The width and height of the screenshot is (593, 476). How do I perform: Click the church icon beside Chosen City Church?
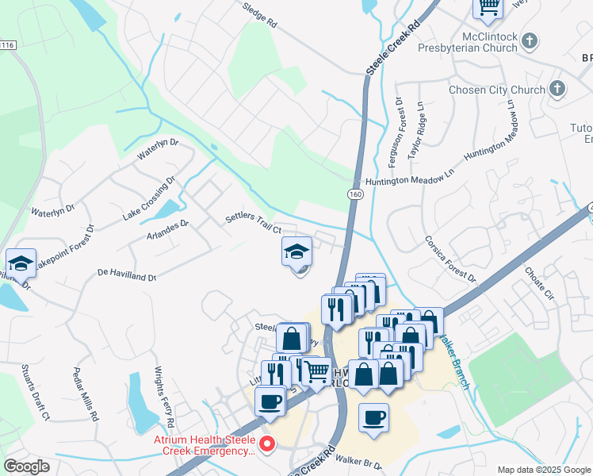(x=558, y=89)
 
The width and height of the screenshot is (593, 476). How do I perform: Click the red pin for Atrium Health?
(x=267, y=445)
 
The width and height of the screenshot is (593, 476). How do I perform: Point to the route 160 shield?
(x=354, y=194)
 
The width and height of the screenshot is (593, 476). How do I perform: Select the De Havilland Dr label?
(x=127, y=274)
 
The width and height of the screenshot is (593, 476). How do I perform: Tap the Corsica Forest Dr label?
(x=450, y=258)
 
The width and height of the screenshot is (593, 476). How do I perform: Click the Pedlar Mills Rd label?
(x=85, y=393)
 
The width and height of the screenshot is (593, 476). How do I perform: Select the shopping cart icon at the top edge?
(x=488, y=7)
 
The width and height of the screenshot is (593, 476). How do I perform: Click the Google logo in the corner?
(x=27, y=466)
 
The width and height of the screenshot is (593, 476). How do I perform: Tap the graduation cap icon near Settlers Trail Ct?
(x=296, y=252)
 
